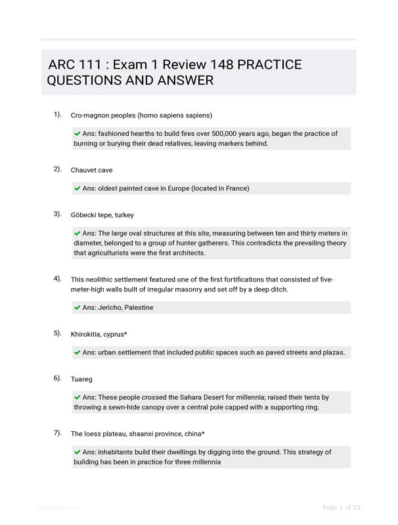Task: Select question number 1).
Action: [58, 114]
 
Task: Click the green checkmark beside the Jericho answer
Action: [77, 307]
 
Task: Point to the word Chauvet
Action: [83, 170]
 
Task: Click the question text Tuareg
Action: [81, 379]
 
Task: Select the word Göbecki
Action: [84, 215]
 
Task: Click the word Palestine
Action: [139, 307]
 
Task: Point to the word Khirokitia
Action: [88, 334]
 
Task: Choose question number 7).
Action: [58, 432]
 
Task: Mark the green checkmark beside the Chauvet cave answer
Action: [77, 188]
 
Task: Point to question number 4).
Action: [58, 278]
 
